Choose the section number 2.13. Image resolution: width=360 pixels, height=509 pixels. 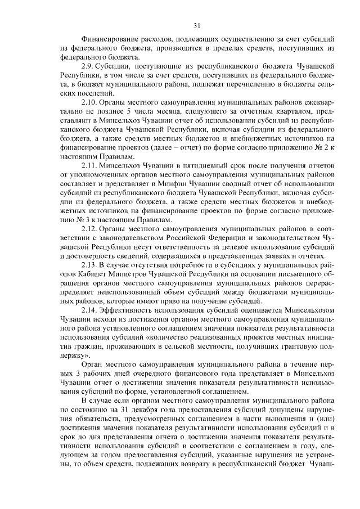[x=92, y=264]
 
